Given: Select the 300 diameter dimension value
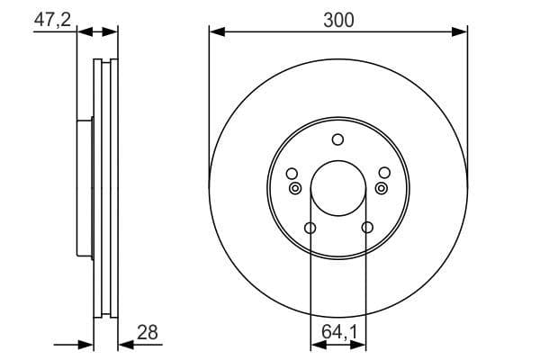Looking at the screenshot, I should pos(338,19).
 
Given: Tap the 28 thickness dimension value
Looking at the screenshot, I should pos(148,332).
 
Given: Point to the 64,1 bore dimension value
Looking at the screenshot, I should pos(339,332).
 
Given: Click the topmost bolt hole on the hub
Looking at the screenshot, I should pos(338,139).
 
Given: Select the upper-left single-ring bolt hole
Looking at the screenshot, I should pos(292,173).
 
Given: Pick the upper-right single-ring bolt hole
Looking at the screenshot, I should pos(384,173).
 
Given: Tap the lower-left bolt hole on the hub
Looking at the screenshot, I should pos(310,228).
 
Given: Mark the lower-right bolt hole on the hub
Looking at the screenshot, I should pos(366,228).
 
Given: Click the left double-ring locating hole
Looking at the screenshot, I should pos(295,188).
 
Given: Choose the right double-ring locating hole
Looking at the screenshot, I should pos(381,188).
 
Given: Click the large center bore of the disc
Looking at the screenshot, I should pos(338,190).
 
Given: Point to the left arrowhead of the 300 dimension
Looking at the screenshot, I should pos(215,31).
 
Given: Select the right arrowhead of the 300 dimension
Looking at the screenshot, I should pos(462,31).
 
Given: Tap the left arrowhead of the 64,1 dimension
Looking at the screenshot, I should pos(315,344).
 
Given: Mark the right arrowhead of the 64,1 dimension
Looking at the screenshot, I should pos(361,344).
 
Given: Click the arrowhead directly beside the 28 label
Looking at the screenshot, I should pos(123,344).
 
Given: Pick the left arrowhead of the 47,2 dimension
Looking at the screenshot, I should pos(83,31).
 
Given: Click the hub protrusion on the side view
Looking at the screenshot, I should pos(85,188).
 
